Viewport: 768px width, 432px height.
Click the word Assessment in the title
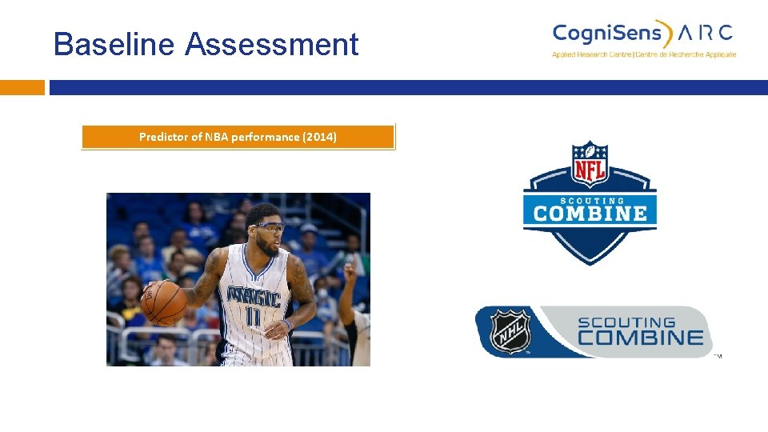272,44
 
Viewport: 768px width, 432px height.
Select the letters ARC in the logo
705,33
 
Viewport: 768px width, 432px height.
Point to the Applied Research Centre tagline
643,54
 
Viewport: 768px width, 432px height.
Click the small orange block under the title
22,87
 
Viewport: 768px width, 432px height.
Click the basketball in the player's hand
163,303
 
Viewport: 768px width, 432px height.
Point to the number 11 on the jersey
253,318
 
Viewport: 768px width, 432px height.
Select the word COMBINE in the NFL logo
590,214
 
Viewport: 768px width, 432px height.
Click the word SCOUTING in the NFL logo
590,200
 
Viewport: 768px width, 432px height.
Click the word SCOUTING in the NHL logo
638,322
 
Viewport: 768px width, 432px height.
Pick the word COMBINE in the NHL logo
640,338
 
